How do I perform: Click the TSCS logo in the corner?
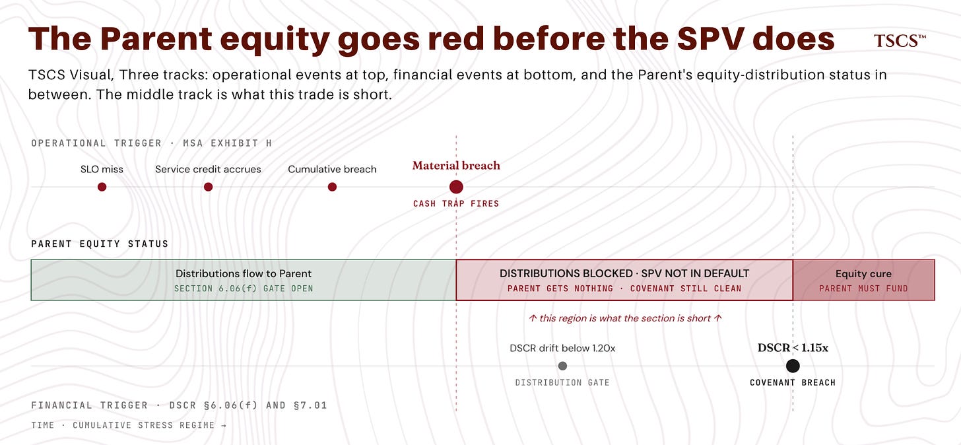pyautogui.click(x=900, y=41)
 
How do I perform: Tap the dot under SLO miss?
pyautogui.click(x=102, y=187)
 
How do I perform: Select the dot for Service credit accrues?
pyautogui.click(x=208, y=187)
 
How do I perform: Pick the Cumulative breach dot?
pyautogui.click(x=332, y=187)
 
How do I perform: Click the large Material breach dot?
pyautogui.click(x=456, y=187)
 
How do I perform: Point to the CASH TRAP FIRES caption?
pyautogui.click(x=456, y=203)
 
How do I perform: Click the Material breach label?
pyautogui.click(x=456, y=166)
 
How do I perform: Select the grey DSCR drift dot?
pyautogui.click(x=562, y=366)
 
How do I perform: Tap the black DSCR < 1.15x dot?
pyautogui.click(x=793, y=366)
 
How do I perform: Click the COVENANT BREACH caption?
pyautogui.click(x=793, y=382)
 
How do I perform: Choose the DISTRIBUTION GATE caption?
pyautogui.click(x=562, y=382)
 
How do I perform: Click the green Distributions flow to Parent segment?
pyautogui.click(x=244, y=280)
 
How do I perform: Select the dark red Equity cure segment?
pyautogui.click(x=863, y=280)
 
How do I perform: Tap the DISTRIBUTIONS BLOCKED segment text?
pyautogui.click(x=624, y=273)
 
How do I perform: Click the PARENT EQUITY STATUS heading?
pyautogui.click(x=100, y=244)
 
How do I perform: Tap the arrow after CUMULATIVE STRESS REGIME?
pyautogui.click(x=223, y=425)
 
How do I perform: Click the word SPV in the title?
pyautogui.click(x=710, y=38)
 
